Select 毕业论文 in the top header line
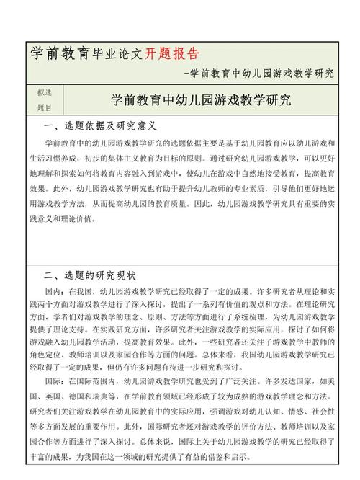pyautogui.click(x=118, y=55)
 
